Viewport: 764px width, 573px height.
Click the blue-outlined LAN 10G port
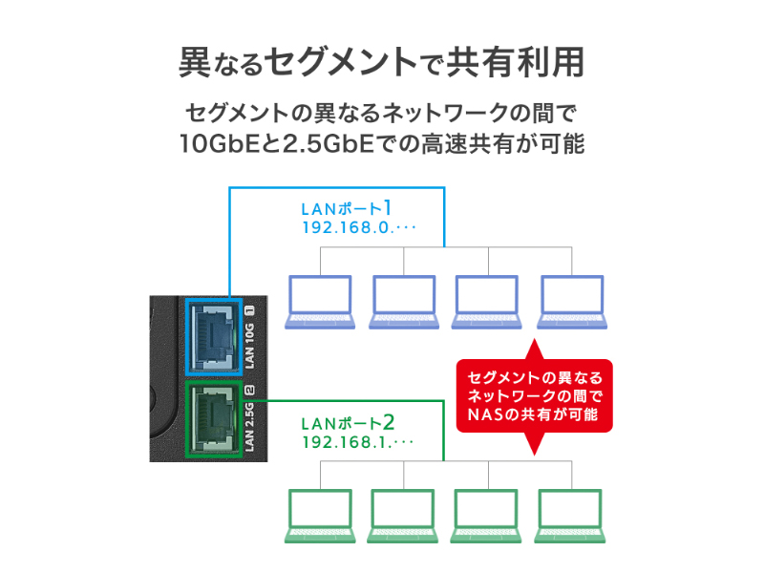[x=213, y=335]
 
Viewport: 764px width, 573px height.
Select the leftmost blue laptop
[x=320, y=303]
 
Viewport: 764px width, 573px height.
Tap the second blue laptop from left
[x=404, y=303]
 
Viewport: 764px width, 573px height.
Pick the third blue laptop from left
[x=488, y=303]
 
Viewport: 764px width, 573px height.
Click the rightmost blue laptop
[x=572, y=303]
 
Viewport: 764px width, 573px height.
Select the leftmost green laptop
[x=320, y=517]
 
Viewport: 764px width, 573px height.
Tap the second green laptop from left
[x=404, y=517]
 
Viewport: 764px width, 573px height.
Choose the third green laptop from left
[x=488, y=517]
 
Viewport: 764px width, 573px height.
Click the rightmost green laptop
[x=572, y=517]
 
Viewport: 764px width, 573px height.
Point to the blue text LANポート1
[x=347, y=207]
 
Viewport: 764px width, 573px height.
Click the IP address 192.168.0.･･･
[x=358, y=228]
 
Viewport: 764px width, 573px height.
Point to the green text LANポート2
[x=347, y=421]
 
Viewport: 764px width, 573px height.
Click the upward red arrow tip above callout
[x=535, y=341]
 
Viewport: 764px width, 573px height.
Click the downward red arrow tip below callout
[x=535, y=449]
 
